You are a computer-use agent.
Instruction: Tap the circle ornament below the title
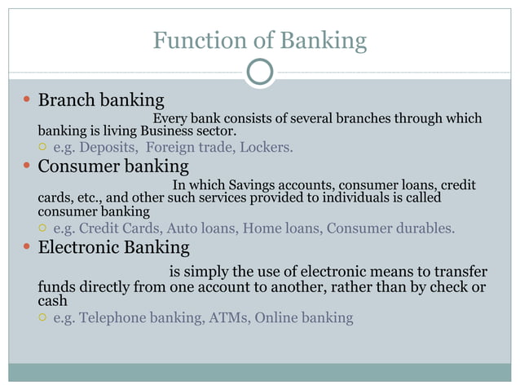[x=259, y=73]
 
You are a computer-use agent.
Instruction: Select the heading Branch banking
[x=101, y=101]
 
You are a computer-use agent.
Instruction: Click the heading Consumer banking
[x=113, y=167]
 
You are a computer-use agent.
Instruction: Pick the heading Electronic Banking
[x=113, y=247]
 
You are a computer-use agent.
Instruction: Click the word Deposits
[x=108, y=148]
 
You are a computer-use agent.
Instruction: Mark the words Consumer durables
[x=390, y=228]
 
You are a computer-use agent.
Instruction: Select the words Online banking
[x=304, y=317]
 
